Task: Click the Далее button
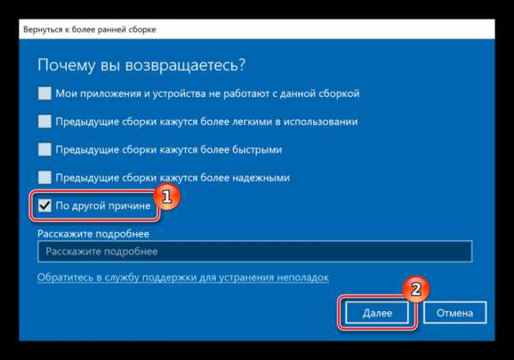click(x=377, y=313)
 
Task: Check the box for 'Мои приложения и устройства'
click(x=45, y=93)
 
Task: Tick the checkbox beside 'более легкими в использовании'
click(x=45, y=122)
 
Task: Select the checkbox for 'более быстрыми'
click(x=45, y=149)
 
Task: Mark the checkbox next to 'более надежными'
click(x=45, y=177)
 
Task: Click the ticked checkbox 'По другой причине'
click(x=45, y=206)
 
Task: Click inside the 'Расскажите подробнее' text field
click(x=254, y=251)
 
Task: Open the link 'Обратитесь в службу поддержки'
click(x=183, y=278)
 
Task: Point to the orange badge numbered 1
click(x=166, y=196)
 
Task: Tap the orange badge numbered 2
click(x=415, y=289)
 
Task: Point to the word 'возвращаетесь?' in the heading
click(x=185, y=65)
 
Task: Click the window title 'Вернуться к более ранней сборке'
click(x=89, y=29)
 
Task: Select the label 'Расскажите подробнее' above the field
click(x=93, y=234)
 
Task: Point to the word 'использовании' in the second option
click(x=320, y=122)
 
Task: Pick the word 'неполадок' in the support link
click(x=302, y=278)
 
